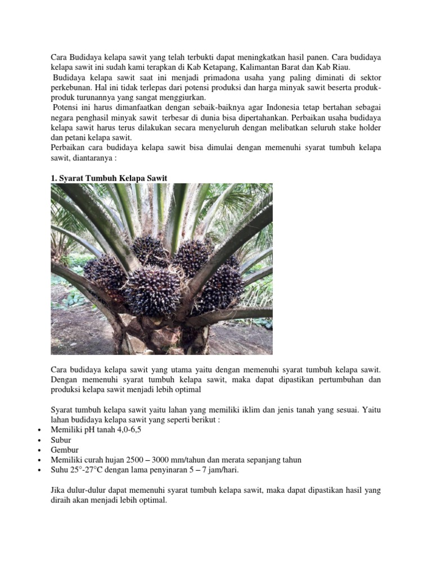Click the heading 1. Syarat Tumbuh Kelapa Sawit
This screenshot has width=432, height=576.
(109, 178)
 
